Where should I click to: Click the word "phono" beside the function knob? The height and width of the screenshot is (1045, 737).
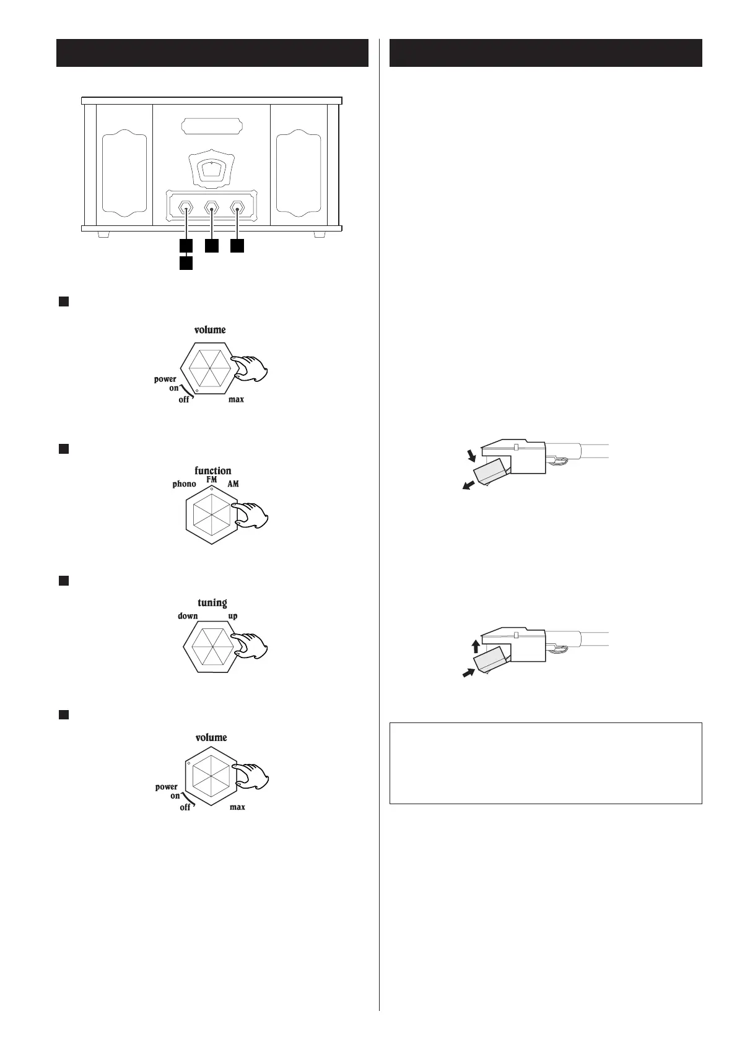pos(184,484)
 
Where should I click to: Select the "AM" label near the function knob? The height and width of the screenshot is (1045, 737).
pos(233,483)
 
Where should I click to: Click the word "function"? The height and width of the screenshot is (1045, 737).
pos(212,470)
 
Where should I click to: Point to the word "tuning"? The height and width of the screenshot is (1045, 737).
pos(212,602)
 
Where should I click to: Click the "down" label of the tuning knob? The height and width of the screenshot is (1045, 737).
pos(188,616)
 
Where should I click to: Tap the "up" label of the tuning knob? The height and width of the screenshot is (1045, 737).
pos(233,616)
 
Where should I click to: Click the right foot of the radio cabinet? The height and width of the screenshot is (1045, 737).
pos(320,235)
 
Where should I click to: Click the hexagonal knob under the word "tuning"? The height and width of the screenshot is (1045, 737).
pos(211,647)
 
